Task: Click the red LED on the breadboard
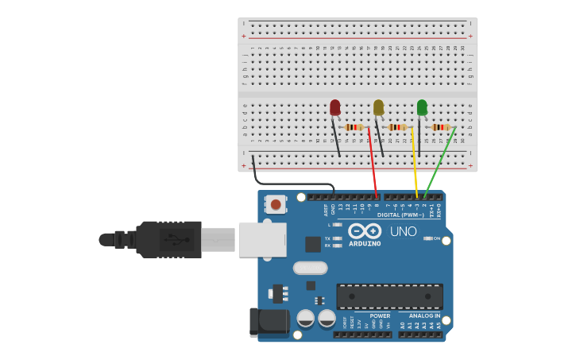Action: pos(335,107)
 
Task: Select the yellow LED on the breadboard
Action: pos(378,107)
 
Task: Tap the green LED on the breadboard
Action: pos(422,107)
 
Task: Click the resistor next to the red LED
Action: pos(354,127)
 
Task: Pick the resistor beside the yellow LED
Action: pos(397,127)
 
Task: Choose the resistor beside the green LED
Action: pos(441,127)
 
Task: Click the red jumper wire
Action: pos(373,163)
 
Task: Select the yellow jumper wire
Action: pos(414,163)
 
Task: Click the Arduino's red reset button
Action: pos(276,204)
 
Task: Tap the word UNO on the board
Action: pos(403,231)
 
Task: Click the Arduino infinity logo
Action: pos(365,230)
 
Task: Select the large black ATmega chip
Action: pos(389,296)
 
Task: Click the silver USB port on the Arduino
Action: pos(261,239)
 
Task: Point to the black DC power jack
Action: pos(269,321)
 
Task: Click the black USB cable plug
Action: pos(168,239)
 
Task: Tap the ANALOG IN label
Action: pos(424,315)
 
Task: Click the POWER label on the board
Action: pos(380,315)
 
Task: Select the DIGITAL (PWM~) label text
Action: pos(400,215)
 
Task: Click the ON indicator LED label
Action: pos(436,238)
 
